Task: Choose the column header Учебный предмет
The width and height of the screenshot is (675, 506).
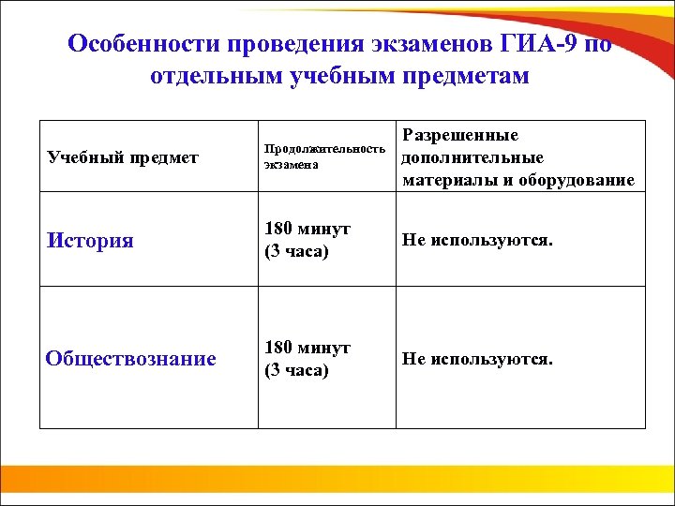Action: [123, 156]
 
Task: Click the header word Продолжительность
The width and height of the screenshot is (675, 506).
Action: [325, 148]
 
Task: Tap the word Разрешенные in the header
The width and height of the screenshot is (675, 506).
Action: [461, 136]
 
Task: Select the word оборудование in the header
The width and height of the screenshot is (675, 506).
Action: [576, 179]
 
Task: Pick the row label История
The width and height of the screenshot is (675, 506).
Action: [90, 241]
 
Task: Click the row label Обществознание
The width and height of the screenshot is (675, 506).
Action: [131, 358]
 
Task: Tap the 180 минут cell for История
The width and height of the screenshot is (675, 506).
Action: [307, 230]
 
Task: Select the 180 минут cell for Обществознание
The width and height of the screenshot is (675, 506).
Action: [307, 348]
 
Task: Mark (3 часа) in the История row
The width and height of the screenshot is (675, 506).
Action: [297, 251]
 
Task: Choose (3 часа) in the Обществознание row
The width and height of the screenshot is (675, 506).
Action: [297, 369]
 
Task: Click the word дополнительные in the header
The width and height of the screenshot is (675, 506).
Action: [472, 157]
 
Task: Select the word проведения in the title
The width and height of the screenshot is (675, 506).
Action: [273, 45]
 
